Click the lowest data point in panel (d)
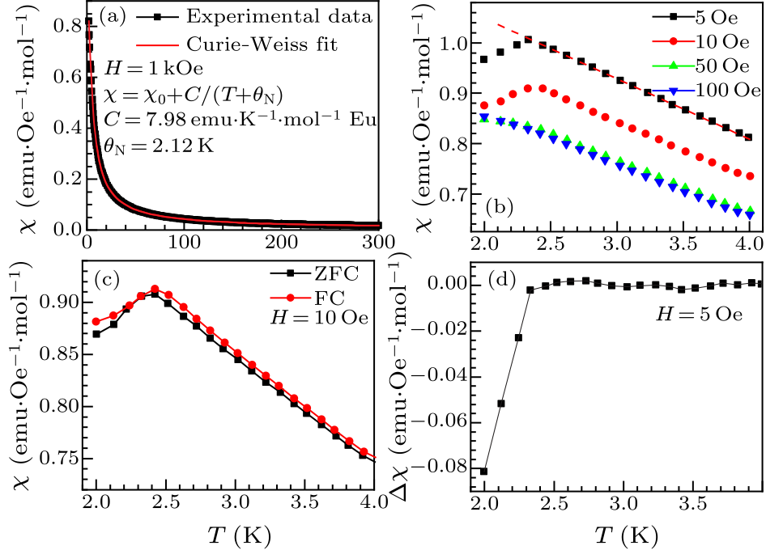coord(484,472)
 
